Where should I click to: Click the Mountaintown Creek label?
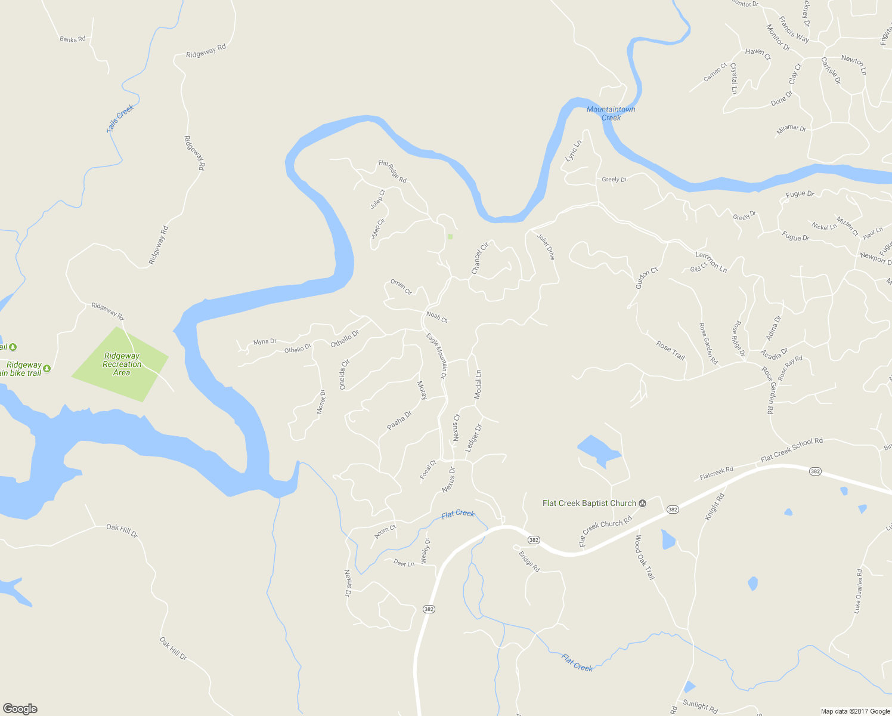point(611,113)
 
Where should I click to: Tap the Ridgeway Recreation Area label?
point(122,365)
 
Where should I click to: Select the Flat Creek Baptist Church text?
point(589,503)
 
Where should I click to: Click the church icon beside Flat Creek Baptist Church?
point(643,504)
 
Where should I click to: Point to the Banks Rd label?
point(72,39)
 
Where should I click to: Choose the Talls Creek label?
point(121,118)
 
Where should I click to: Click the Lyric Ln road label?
point(573,151)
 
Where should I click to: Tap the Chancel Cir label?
point(479,258)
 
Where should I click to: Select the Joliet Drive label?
point(546,246)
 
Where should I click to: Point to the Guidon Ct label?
point(646,278)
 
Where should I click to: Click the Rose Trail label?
point(670,350)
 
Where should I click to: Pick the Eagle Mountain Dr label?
point(436,356)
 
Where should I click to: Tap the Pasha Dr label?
point(399,420)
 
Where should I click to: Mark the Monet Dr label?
point(321,402)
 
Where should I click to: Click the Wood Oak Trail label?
point(645,557)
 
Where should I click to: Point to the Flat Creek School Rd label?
point(791,450)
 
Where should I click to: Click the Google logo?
point(20,709)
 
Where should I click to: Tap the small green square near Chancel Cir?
point(450,237)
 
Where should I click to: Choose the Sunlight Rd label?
point(700,706)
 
